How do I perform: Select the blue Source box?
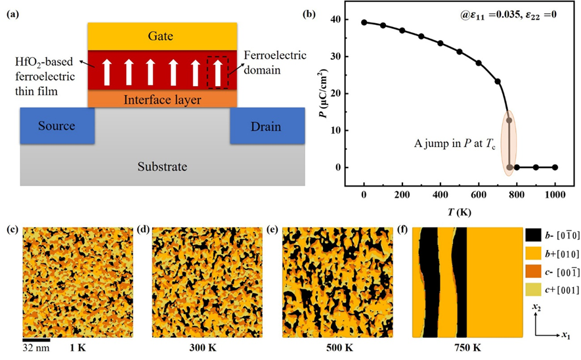pos(57,125)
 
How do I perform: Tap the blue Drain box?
pos(266,125)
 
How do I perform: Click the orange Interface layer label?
pos(162,100)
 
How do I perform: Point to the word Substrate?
pos(161,167)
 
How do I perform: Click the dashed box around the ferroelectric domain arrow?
pos(217,72)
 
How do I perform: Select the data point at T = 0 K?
pos(364,22)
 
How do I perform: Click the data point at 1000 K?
pos(555,168)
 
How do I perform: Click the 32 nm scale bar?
pos(37,340)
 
